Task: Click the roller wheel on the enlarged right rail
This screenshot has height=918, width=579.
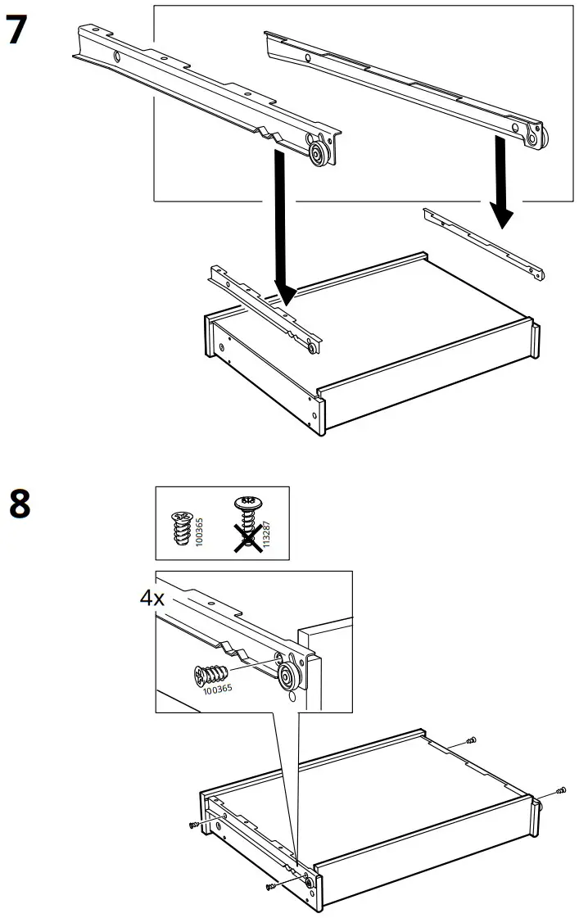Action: point(535,138)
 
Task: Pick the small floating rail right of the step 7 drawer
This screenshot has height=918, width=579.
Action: point(483,243)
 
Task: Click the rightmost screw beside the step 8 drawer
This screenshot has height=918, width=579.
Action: point(561,790)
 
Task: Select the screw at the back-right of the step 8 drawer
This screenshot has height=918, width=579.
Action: point(471,741)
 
